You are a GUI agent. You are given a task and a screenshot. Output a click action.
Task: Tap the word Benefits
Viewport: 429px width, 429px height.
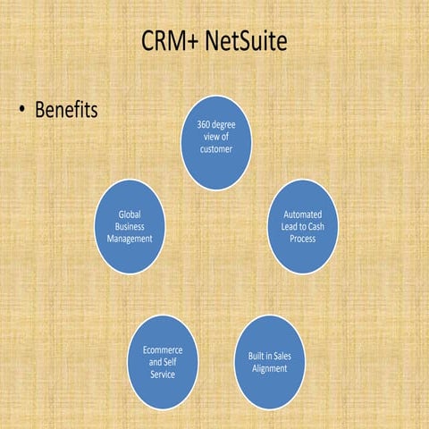(65, 111)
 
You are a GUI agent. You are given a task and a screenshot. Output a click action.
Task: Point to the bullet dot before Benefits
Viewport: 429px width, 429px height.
(21, 112)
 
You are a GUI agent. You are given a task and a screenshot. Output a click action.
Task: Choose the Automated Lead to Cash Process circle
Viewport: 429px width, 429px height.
(302, 227)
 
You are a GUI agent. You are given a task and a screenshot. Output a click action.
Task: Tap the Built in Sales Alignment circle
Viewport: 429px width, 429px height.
(268, 362)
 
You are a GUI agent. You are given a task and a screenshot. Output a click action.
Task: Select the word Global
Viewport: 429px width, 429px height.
(130, 214)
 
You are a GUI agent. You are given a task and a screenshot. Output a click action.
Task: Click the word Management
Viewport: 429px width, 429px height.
(130, 239)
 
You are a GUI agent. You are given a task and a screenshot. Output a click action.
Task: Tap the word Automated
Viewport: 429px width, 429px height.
(302, 215)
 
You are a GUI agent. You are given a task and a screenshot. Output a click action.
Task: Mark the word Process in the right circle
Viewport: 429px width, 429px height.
(302, 240)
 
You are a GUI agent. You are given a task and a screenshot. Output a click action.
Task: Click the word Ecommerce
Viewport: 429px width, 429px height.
(163, 350)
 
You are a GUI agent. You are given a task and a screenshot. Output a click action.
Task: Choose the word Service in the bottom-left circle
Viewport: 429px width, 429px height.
(162, 374)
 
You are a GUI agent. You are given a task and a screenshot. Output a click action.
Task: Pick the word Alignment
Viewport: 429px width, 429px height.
(268, 368)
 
